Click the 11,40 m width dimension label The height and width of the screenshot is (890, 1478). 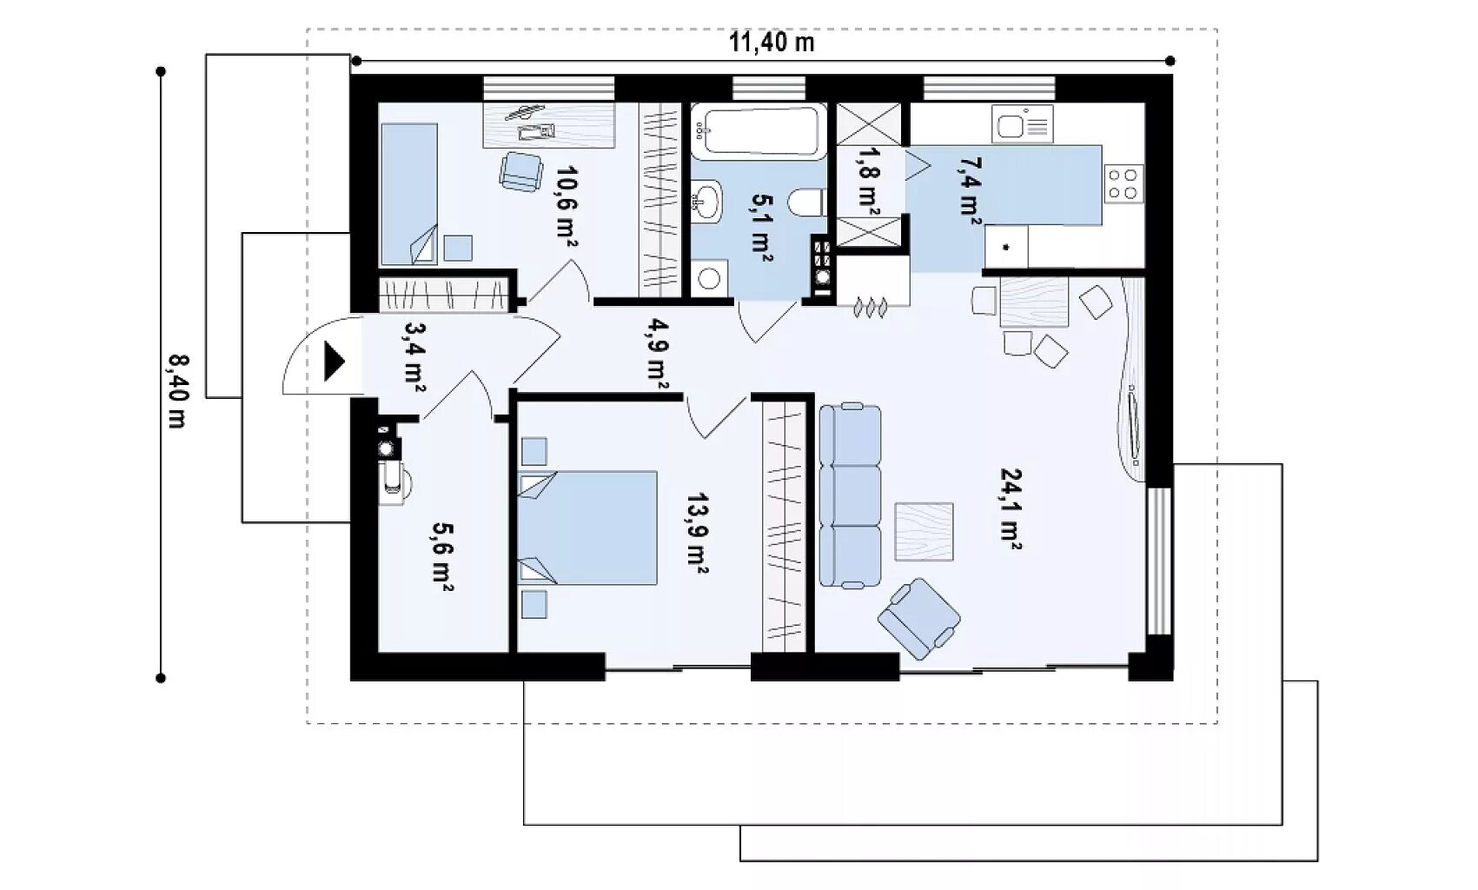point(772,43)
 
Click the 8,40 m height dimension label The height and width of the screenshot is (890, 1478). point(177,391)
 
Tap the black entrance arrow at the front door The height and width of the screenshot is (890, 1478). point(335,362)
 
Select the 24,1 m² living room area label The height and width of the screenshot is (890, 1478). point(1011,508)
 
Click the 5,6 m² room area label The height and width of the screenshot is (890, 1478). point(442,556)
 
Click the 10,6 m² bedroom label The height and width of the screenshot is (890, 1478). point(567,205)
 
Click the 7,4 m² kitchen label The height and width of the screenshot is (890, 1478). point(969,191)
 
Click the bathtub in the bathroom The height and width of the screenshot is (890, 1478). point(759,131)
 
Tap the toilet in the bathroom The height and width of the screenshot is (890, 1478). point(807,203)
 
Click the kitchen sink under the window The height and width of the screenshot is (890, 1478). point(1022,125)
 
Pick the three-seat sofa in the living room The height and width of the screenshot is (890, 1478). point(850,495)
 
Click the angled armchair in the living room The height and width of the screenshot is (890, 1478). point(919,619)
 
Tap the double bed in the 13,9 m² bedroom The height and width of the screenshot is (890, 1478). point(587,528)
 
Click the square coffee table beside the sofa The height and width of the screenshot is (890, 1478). point(924,532)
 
